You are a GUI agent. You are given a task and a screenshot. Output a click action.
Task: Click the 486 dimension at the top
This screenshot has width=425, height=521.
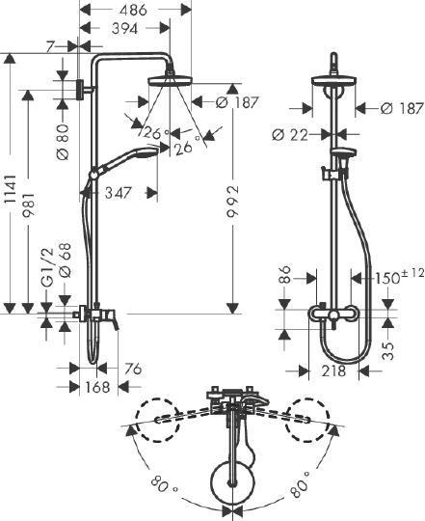pyautogui.click(x=134, y=10)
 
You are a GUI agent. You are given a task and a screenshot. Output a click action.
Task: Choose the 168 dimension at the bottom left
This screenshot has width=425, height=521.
pyautogui.click(x=96, y=388)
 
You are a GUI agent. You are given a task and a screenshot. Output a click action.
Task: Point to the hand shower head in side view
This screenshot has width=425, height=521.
pyautogui.click(x=142, y=155)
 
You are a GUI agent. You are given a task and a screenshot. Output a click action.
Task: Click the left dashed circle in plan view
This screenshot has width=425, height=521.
pyautogui.click(x=157, y=422)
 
